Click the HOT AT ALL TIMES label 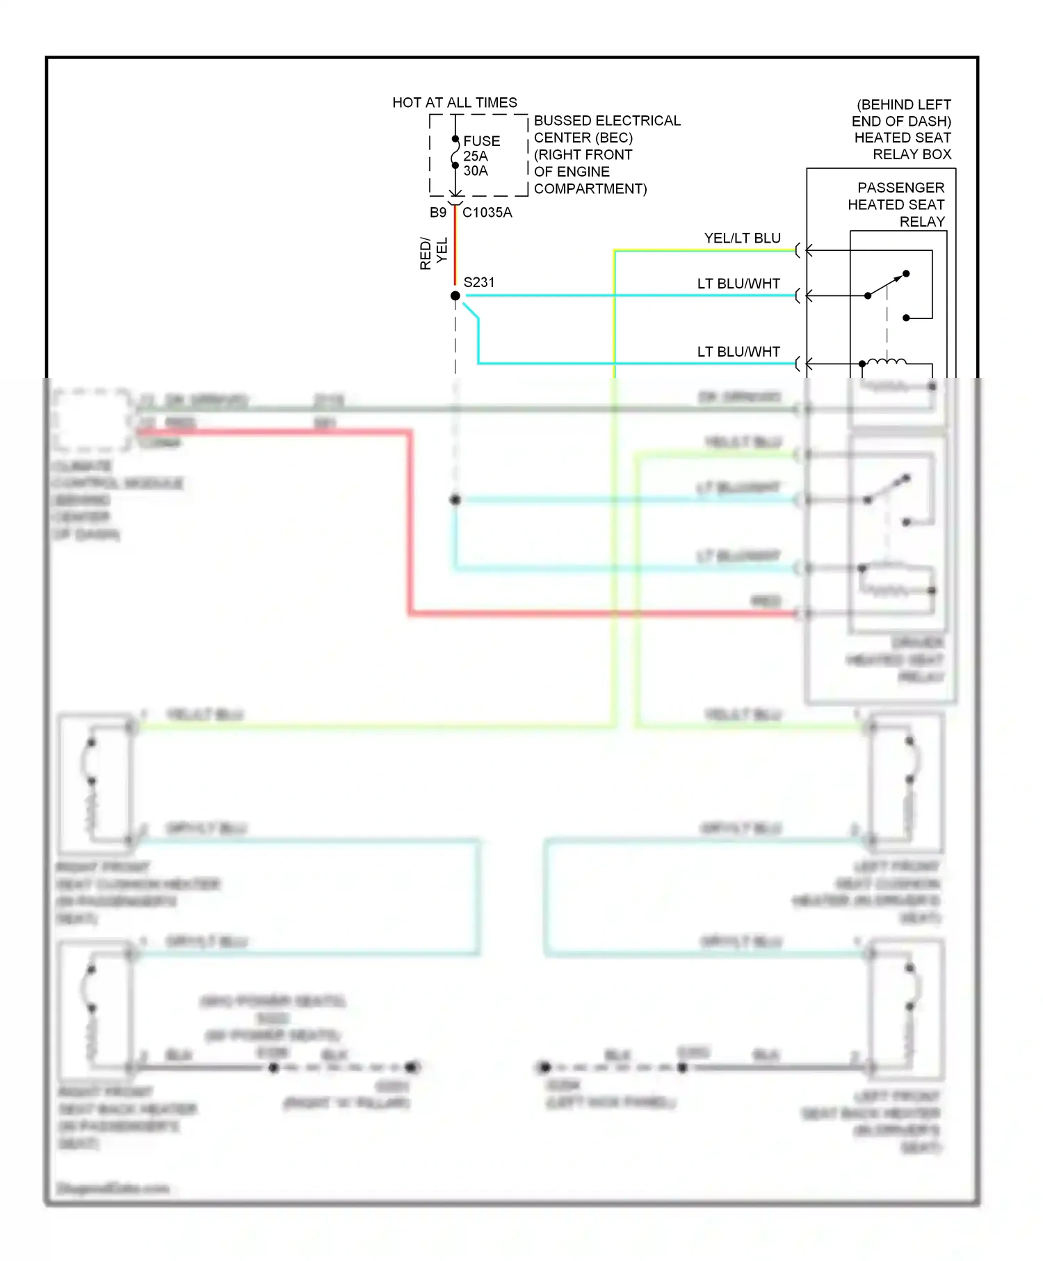coord(454,103)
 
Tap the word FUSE coord(481,141)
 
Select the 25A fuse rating coord(476,156)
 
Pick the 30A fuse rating coord(476,171)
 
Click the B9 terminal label coord(437,213)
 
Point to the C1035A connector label coord(487,213)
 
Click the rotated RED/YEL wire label coord(433,253)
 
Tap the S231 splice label coord(478,282)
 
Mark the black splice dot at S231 coord(455,296)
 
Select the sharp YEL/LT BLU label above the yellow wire coord(742,238)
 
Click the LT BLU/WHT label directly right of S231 coord(738,284)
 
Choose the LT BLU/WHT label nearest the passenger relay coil coord(738,352)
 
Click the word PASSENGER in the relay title coord(900,188)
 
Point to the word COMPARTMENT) coord(590,189)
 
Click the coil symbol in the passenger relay coord(887,361)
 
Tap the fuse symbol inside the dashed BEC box coord(455,152)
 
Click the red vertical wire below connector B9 coord(455,243)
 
